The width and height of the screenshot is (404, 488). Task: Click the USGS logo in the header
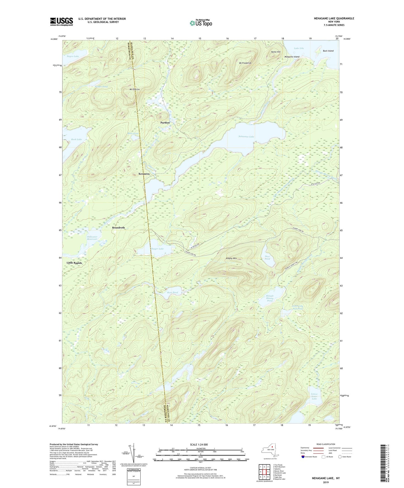pyautogui.click(x=62, y=22)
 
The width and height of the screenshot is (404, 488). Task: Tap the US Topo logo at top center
pyautogui.click(x=200, y=23)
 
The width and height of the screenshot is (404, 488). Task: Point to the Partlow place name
pyautogui.click(x=165, y=123)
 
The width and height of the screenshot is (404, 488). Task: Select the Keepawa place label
pyautogui.click(x=144, y=174)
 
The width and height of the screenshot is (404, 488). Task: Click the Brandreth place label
pyautogui.click(x=118, y=228)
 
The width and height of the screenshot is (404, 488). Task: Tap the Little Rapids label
pyautogui.click(x=74, y=263)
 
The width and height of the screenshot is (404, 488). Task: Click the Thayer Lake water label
pyautogui.click(x=157, y=249)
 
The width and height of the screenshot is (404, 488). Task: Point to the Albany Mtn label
pyautogui.click(x=231, y=259)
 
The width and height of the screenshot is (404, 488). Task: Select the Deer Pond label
pyautogui.click(x=267, y=257)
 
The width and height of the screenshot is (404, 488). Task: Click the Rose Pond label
pyautogui.click(x=173, y=293)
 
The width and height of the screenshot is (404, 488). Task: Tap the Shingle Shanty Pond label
pyautogui.click(x=270, y=298)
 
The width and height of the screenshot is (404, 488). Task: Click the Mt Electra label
pyautogui.click(x=134, y=89)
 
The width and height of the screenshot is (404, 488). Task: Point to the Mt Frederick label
pyautogui.click(x=245, y=63)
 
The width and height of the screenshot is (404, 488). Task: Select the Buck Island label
pyautogui.click(x=328, y=51)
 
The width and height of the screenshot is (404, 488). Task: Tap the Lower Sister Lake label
pyautogui.click(x=314, y=396)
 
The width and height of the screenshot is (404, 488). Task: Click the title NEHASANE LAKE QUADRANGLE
pyautogui.click(x=330, y=18)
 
